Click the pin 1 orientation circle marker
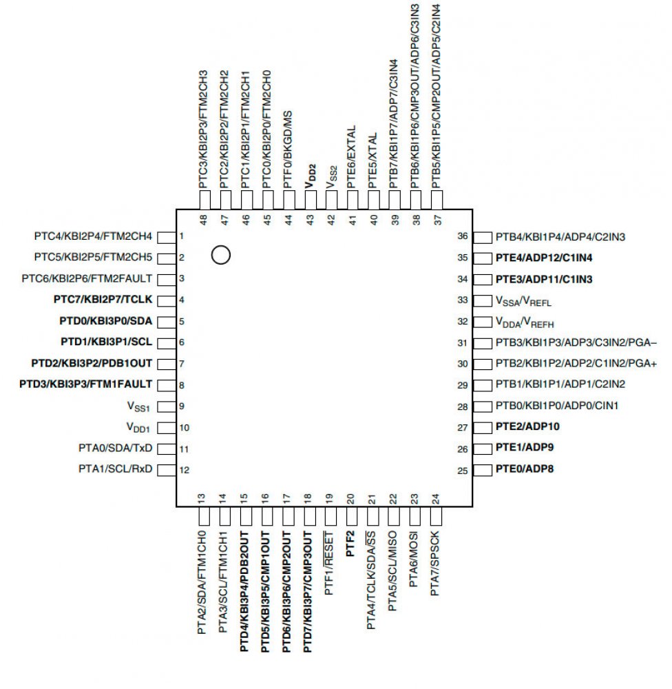click(220, 255)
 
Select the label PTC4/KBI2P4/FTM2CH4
click(93, 236)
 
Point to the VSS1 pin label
click(138, 406)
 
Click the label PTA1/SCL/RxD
click(115, 469)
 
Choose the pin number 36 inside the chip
click(463, 236)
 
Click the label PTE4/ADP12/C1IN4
click(544, 258)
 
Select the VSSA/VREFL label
click(525, 300)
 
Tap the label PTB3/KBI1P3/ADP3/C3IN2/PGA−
click(576, 342)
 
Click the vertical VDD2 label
click(310, 176)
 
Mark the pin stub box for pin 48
click(204, 200)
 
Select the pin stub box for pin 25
click(481, 470)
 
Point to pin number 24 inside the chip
click(435, 497)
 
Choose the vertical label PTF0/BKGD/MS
click(288, 149)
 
